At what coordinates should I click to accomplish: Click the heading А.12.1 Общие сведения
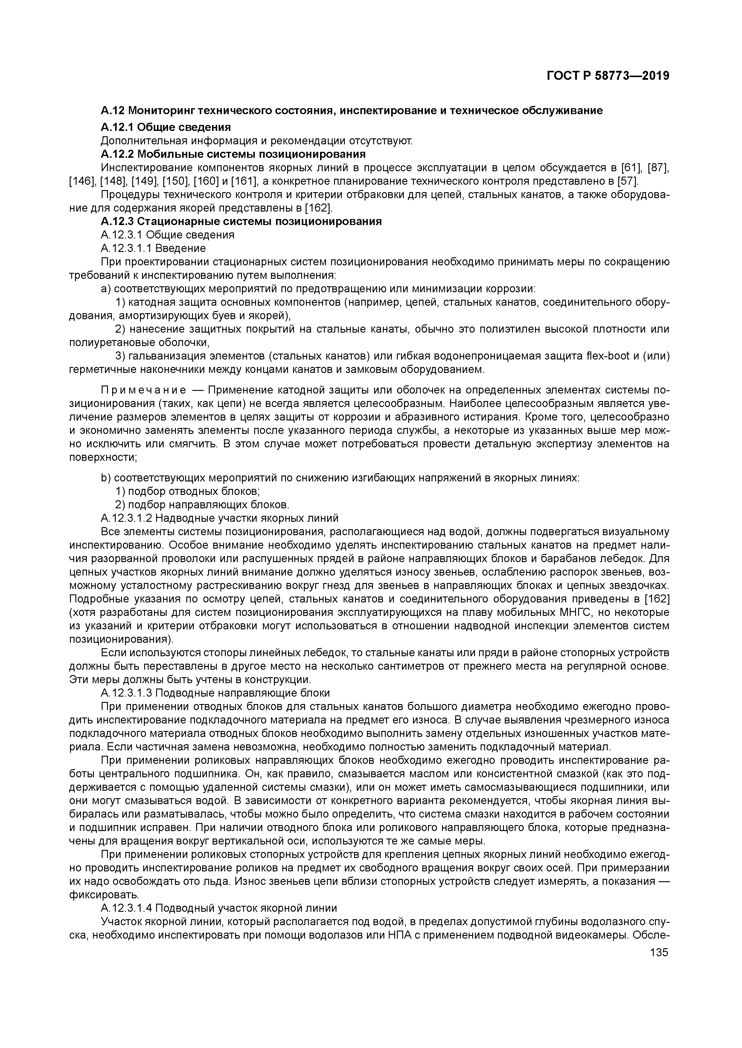[x=165, y=127]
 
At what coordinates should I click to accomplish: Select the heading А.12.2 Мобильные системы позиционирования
[x=233, y=154]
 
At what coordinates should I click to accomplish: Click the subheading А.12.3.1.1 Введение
[x=153, y=248]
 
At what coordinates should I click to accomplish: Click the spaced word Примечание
[x=143, y=390]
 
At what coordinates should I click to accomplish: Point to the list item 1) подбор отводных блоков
[x=187, y=492]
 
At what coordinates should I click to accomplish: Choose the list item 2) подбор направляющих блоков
[x=202, y=505]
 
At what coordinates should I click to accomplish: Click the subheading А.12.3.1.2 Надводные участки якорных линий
[x=219, y=518]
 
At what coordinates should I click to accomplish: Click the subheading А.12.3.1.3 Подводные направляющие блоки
[x=215, y=693]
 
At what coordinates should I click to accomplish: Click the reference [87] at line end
[x=658, y=168]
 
